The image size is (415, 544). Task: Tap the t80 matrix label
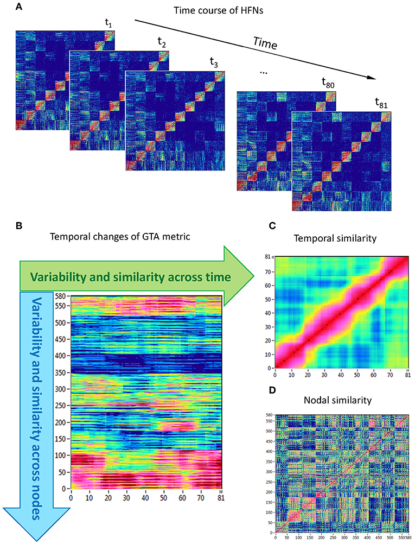click(x=328, y=83)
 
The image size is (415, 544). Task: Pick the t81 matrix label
click(x=382, y=103)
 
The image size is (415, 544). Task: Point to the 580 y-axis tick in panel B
click(x=62, y=295)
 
